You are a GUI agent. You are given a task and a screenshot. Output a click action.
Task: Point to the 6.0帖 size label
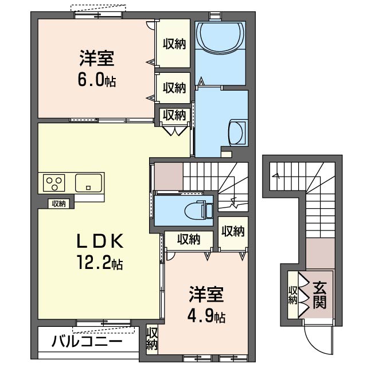(x=97, y=81)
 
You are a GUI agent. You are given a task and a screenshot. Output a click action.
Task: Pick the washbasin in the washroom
(x=237, y=132)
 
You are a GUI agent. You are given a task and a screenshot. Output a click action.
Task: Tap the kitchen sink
(x=88, y=183)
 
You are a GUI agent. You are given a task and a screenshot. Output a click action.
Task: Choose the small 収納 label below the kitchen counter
(x=58, y=204)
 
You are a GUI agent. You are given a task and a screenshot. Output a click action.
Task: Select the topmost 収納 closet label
(x=174, y=44)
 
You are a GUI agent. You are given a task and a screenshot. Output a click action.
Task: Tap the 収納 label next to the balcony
(x=151, y=338)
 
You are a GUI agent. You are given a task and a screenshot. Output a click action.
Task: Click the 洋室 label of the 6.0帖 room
(x=97, y=59)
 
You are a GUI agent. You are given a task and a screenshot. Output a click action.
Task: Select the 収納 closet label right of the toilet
(x=233, y=231)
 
